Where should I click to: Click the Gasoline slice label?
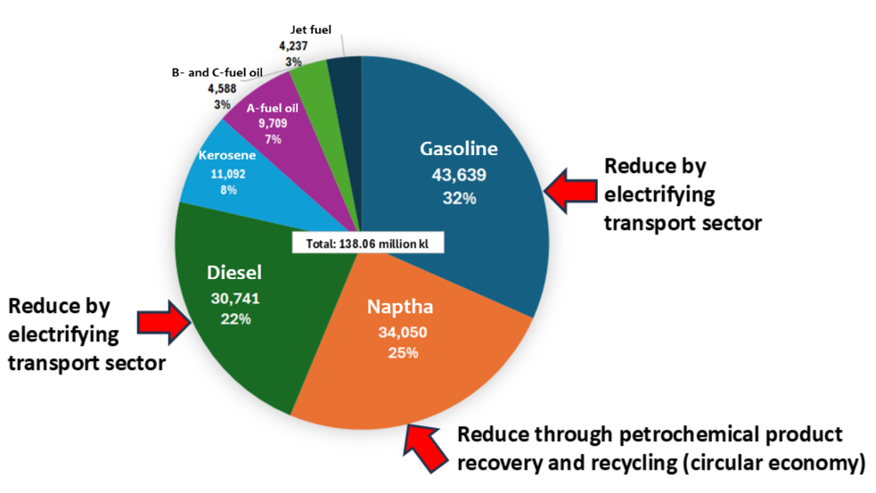point(459,149)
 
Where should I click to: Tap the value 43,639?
point(459,175)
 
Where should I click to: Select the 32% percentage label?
point(459,198)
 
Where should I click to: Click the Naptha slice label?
point(400,307)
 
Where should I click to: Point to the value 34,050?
point(403,333)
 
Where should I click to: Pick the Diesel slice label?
point(234,273)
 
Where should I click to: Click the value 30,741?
point(235,299)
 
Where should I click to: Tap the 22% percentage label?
point(236,319)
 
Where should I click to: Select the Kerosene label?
point(227,155)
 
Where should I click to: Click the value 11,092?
point(228,175)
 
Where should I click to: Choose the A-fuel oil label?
point(273,109)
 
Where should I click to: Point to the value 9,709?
point(273,124)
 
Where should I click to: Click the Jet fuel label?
point(311,29)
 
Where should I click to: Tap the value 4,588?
point(223,89)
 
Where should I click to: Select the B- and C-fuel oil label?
point(217,73)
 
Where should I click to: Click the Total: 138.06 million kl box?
point(368,243)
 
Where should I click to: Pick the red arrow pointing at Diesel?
point(165,321)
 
